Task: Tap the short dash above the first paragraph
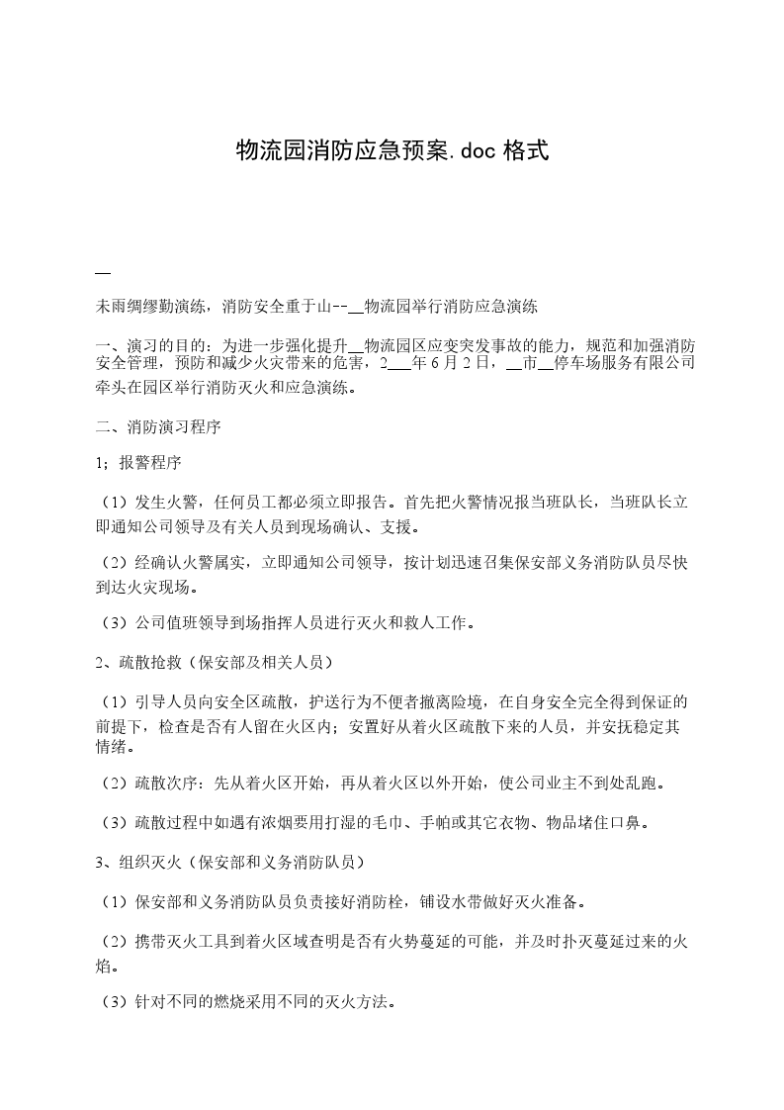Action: (102, 272)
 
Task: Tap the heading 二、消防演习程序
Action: (157, 427)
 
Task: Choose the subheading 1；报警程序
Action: (137, 464)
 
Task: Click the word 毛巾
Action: (423, 822)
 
